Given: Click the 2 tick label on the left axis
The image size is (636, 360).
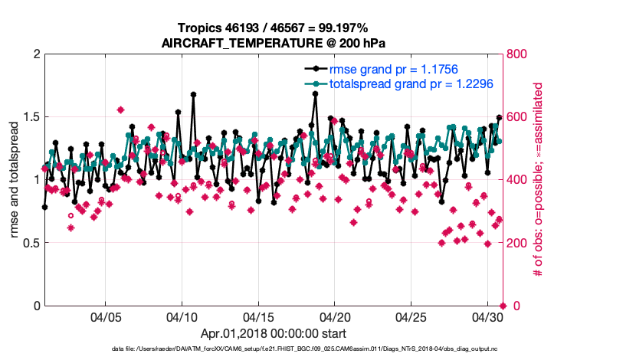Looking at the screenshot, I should point(35,54).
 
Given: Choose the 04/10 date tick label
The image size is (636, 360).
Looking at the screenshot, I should point(182,317).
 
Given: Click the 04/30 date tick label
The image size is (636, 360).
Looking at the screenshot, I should point(488,317).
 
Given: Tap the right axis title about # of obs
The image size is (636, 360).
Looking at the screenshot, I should point(539,180).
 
